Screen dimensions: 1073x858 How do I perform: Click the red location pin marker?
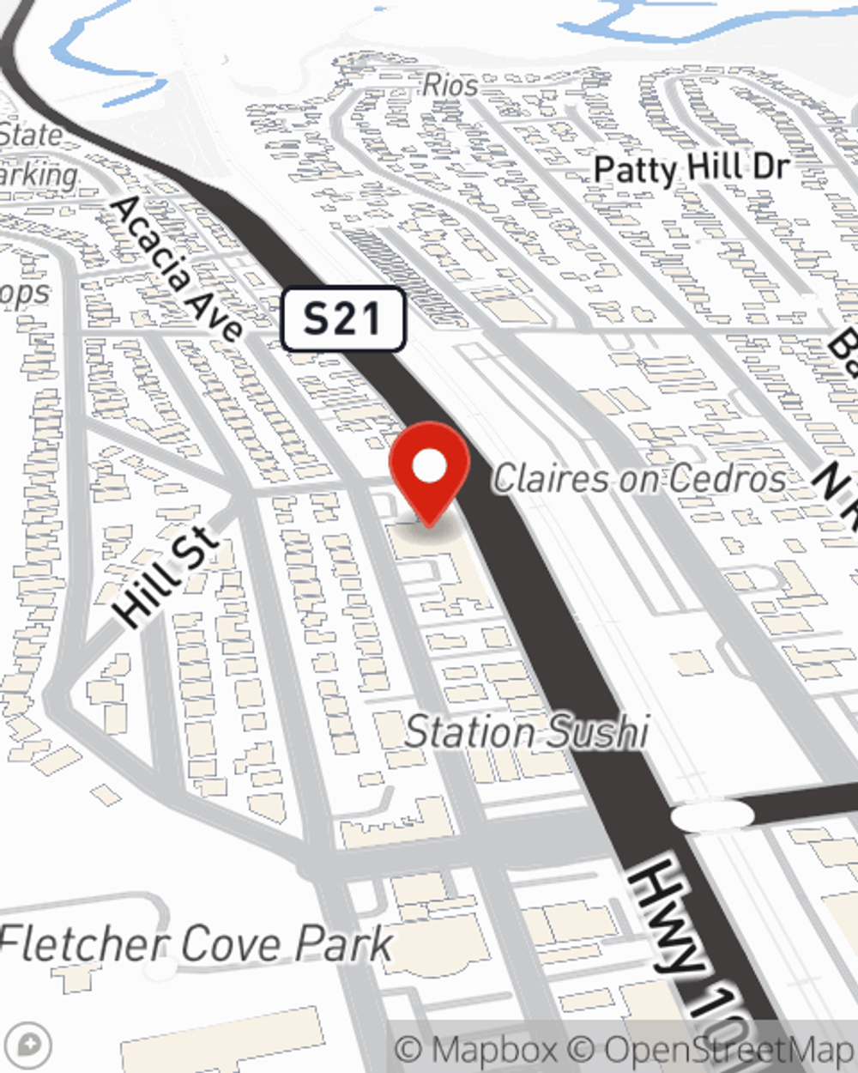coord(429,472)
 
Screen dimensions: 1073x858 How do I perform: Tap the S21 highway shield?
coord(343,319)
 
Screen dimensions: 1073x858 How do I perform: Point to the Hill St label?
coord(167,577)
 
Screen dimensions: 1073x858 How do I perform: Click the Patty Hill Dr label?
coord(692,168)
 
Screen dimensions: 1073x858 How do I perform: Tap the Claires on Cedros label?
coord(639,479)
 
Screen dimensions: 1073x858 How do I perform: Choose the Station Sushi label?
coord(527,732)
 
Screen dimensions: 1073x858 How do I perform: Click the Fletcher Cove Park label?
coord(196,943)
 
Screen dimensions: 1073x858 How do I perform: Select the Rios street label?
coord(450,85)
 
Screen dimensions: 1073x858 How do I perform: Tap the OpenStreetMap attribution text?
coord(729,1050)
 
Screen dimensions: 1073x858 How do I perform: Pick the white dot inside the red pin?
coord(430,467)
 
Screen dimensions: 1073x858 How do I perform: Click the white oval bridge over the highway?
coord(713,815)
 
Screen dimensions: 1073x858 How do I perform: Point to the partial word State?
coord(31,135)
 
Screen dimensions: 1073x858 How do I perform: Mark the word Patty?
coord(636,170)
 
